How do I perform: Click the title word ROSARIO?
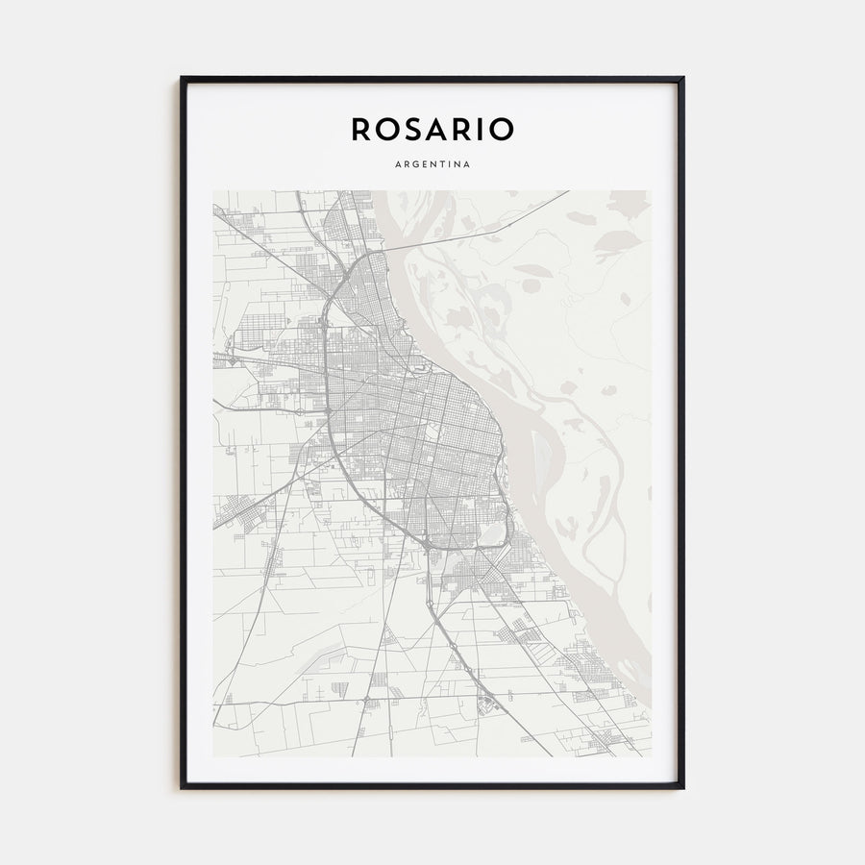[432, 129]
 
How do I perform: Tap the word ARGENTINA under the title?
[432, 164]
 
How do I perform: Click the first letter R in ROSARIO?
[360, 129]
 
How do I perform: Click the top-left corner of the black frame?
[182, 78]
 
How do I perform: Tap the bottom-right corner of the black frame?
[682, 787]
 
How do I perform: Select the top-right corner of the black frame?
[682, 78]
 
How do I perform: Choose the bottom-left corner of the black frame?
[182, 787]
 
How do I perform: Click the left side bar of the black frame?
[183, 432]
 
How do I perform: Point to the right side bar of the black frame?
[681, 432]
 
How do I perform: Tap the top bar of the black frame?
[432, 79]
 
